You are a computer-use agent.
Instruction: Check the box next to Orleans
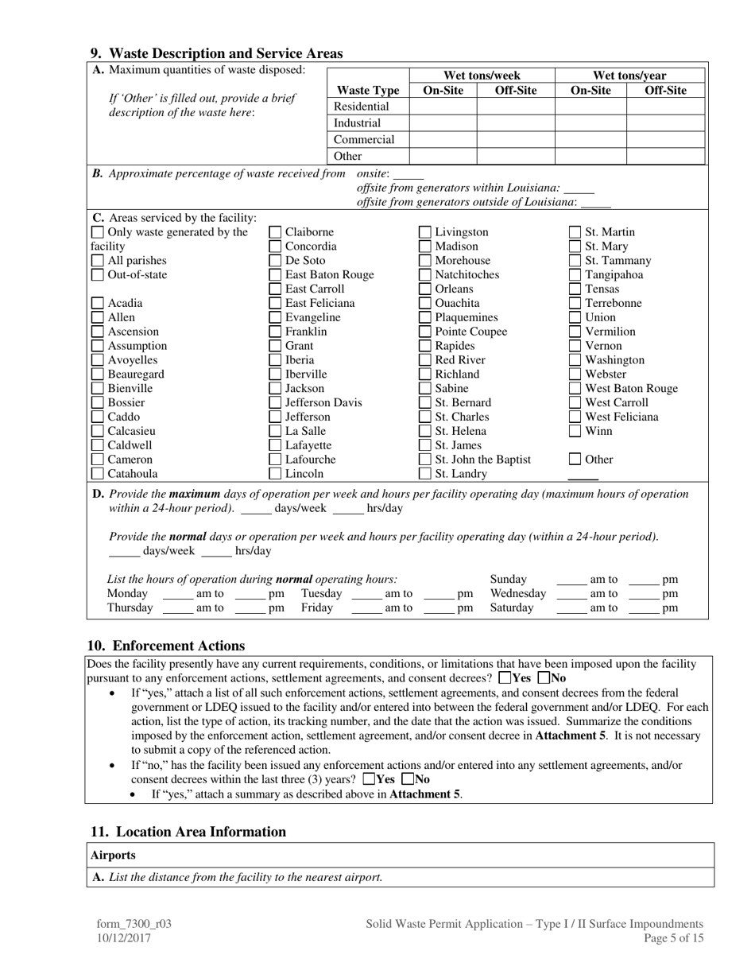[425, 289]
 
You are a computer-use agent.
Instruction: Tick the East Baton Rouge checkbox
[275, 275]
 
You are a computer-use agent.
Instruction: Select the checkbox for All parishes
[97, 261]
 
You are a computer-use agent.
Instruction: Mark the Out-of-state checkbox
[97, 275]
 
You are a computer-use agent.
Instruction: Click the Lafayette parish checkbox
[275, 445]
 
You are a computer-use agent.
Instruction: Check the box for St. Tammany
[575, 261]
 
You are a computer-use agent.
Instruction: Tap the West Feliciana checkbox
[575, 417]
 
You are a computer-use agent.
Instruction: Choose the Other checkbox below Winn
[575, 460]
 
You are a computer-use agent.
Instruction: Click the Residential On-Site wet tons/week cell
[443, 107]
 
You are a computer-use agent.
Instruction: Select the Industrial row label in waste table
[358, 123]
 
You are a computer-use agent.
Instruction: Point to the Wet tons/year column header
[629, 76]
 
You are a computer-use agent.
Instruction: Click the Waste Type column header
[367, 91]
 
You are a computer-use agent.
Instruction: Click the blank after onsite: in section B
[408, 174]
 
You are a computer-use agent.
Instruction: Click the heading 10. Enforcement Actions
[165, 646]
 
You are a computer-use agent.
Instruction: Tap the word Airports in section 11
[113, 856]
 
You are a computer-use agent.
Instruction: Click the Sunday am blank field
[571, 580]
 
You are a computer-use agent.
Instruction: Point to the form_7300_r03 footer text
[134, 924]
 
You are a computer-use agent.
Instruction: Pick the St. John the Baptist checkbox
[425, 460]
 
